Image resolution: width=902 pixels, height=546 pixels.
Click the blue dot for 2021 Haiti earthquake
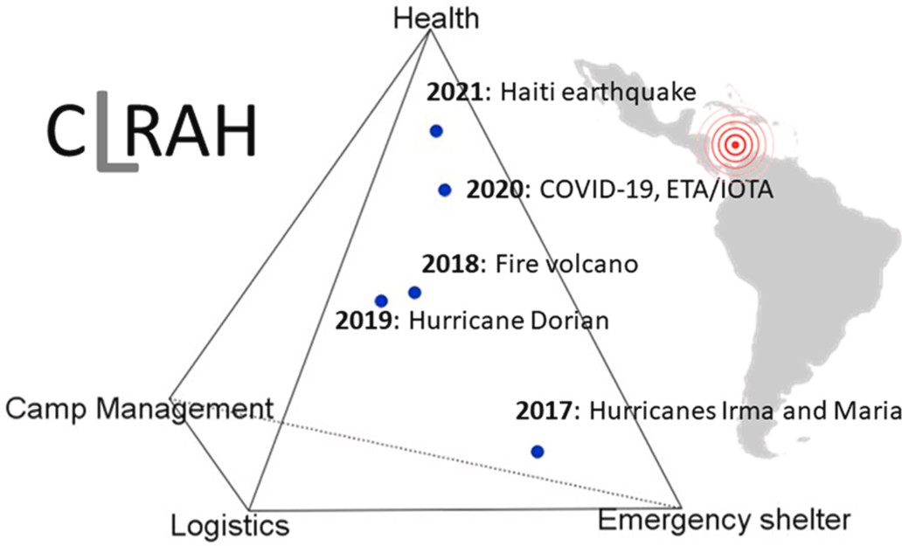436,131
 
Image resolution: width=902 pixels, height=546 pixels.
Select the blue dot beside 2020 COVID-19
445,190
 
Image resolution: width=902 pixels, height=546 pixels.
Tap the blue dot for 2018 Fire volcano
415,293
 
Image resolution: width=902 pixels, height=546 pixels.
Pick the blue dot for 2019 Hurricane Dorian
381,301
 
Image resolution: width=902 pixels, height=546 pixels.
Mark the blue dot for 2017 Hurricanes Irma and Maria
538,452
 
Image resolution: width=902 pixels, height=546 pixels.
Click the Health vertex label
436,17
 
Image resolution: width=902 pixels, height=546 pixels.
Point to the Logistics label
230,525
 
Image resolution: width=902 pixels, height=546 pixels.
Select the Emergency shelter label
725,520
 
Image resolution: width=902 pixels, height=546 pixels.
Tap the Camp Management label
139,409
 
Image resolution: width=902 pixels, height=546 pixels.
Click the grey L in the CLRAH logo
117,131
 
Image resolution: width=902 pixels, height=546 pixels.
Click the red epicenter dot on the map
734,145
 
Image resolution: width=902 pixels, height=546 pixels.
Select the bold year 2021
455,92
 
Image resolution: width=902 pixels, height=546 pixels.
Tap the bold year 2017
545,411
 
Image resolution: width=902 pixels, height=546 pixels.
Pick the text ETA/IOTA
719,190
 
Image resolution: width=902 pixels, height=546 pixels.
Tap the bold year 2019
364,320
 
